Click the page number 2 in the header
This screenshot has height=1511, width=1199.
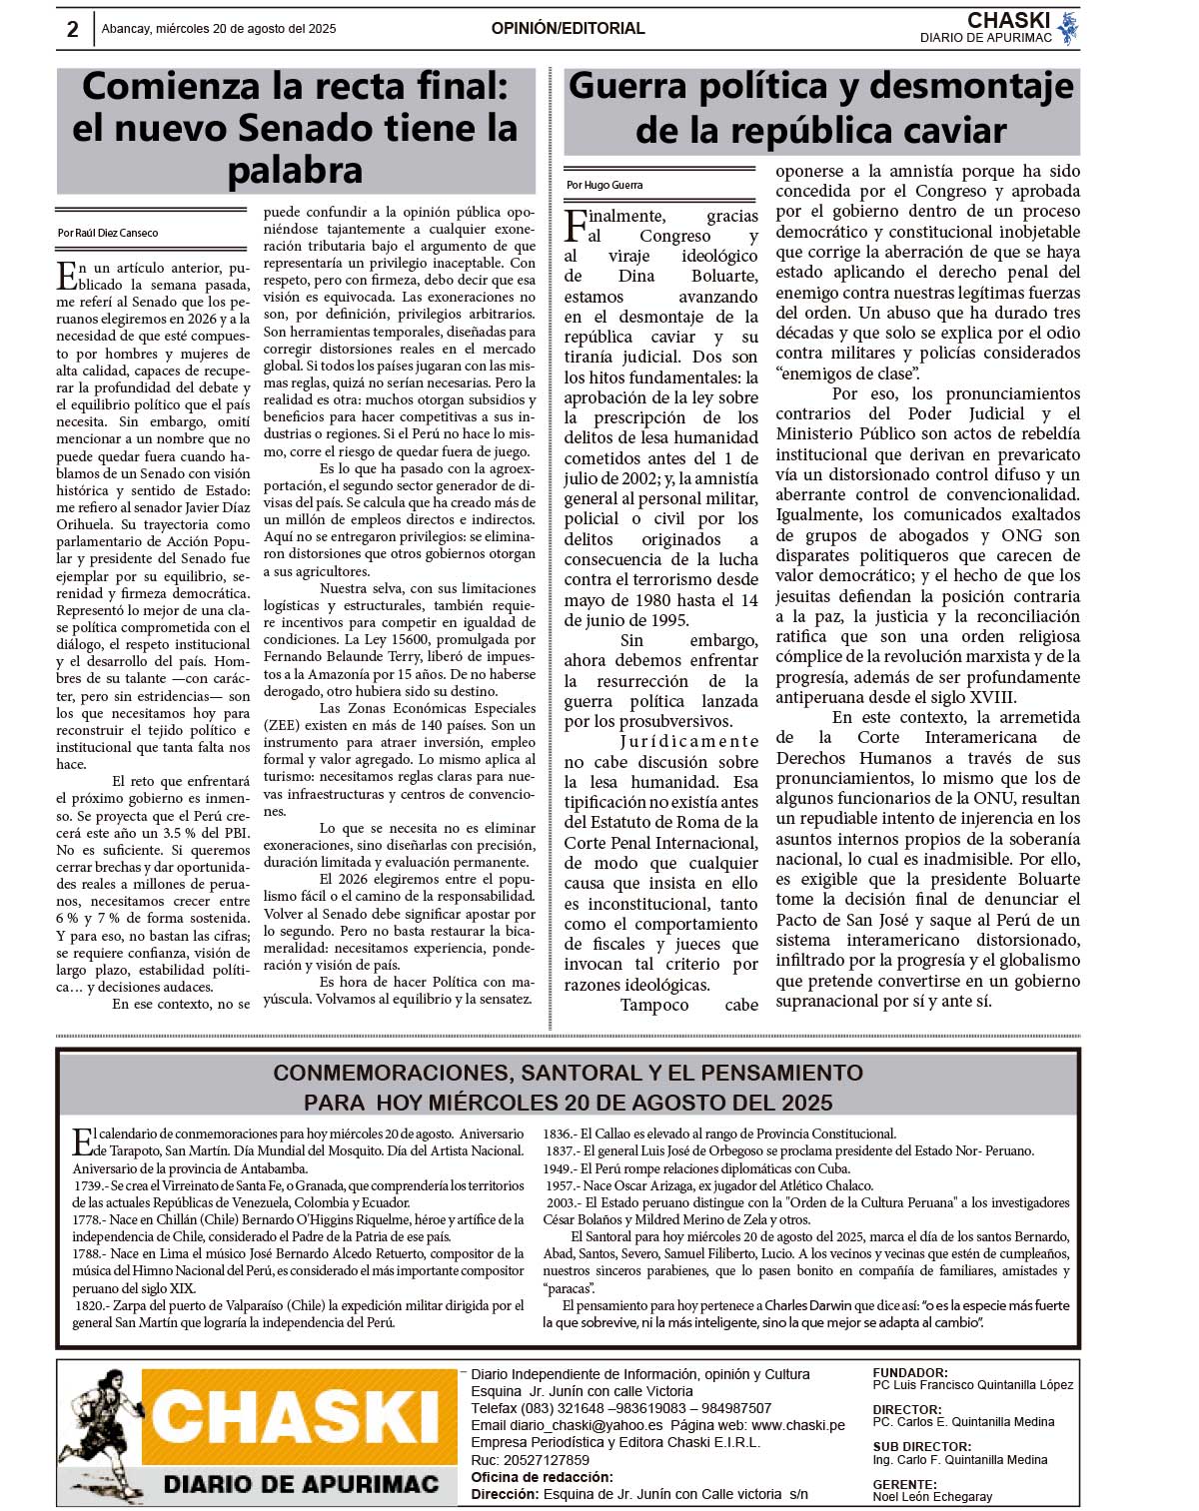click(x=72, y=29)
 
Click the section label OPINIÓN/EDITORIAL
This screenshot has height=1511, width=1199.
click(x=568, y=29)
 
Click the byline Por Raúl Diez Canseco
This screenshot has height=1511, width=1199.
click(x=108, y=233)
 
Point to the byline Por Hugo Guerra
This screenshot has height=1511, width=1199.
click(x=604, y=185)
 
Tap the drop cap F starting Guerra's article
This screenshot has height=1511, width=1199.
click(x=576, y=225)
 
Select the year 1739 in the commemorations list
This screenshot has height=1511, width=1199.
click(x=88, y=1185)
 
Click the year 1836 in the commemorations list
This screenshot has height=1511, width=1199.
click(x=559, y=1133)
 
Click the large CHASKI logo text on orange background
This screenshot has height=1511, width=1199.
click(x=297, y=1416)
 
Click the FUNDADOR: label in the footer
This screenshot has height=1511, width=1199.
click(x=910, y=1373)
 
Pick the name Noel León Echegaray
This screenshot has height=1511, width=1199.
click(x=932, y=1496)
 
